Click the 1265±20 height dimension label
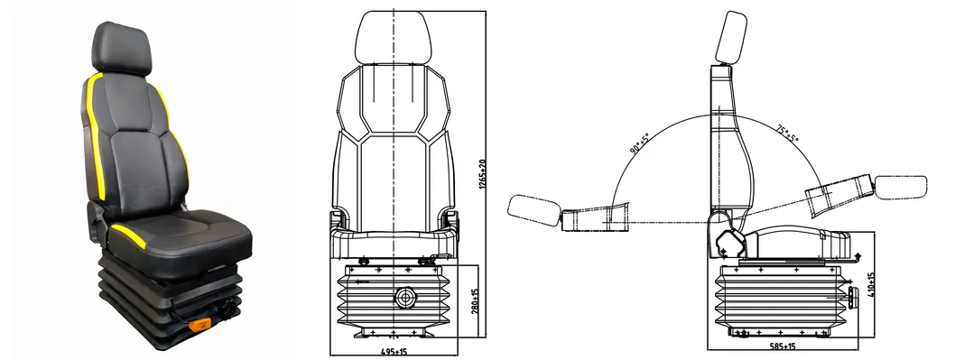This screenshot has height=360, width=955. pos(482,174)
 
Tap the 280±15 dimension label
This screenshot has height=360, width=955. pos(476,301)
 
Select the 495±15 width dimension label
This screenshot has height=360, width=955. pos(394,352)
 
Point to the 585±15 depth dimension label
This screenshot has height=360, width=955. pos(783,346)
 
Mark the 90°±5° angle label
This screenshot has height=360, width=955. pos(639,143)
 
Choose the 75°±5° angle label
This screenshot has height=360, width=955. pos(787,134)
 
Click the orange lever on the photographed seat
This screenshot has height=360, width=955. pos(199,325)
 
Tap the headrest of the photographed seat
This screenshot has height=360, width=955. pos(121,49)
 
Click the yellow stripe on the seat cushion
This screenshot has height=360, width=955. pos(128,235)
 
